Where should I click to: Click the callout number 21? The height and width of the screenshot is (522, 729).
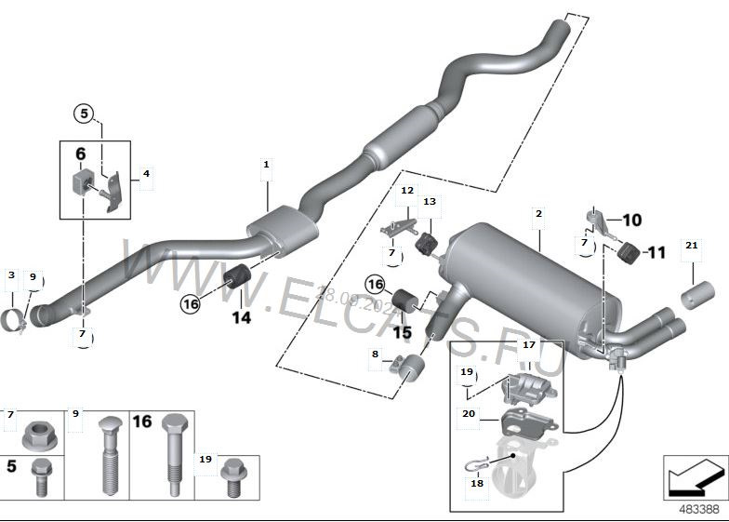690,245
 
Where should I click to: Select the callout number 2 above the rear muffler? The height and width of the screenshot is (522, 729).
537,214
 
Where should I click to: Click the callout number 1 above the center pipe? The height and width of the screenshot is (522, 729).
266,165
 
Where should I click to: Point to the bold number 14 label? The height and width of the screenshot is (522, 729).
241,316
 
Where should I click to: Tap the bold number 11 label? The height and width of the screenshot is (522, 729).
656,252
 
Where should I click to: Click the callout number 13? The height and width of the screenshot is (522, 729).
429,201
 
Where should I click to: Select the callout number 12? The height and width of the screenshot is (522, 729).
407,190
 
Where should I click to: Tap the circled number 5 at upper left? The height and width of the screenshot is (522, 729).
84,114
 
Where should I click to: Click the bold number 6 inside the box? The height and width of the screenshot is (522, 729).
80,154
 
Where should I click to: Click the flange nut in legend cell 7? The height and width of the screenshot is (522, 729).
35,434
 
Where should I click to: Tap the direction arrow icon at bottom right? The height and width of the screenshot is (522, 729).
695,478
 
